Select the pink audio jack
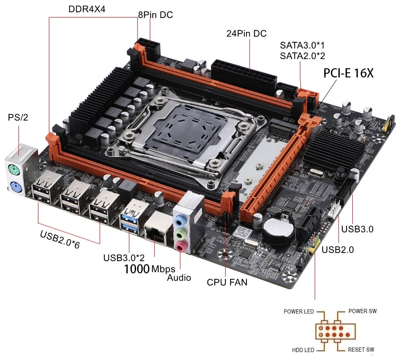180,246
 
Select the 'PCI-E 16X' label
349,73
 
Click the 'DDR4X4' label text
87,9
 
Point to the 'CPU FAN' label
227,282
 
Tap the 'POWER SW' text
362,311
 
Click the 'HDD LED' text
303,350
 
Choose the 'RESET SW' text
361,350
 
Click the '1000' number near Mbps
137,269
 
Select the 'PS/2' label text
18,117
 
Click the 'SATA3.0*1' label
302,45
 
